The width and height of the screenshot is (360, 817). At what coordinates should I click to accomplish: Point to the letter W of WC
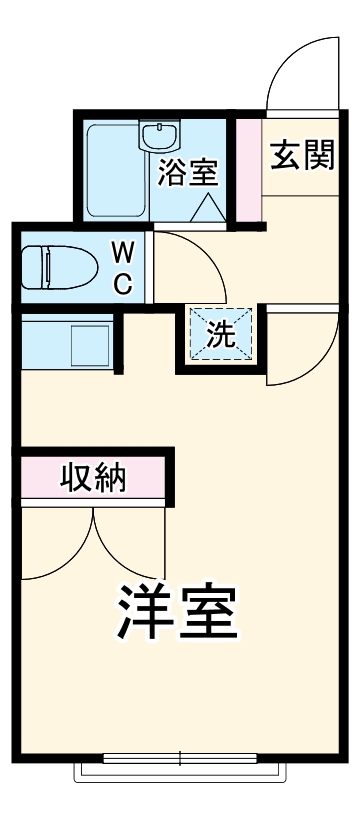point(121,249)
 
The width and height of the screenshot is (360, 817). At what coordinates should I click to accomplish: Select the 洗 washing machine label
point(220,335)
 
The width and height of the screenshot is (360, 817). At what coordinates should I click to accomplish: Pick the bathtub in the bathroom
point(115,170)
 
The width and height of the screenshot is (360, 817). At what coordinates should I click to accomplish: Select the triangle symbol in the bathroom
point(209,207)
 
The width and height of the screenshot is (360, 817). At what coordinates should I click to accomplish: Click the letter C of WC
point(121,283)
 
